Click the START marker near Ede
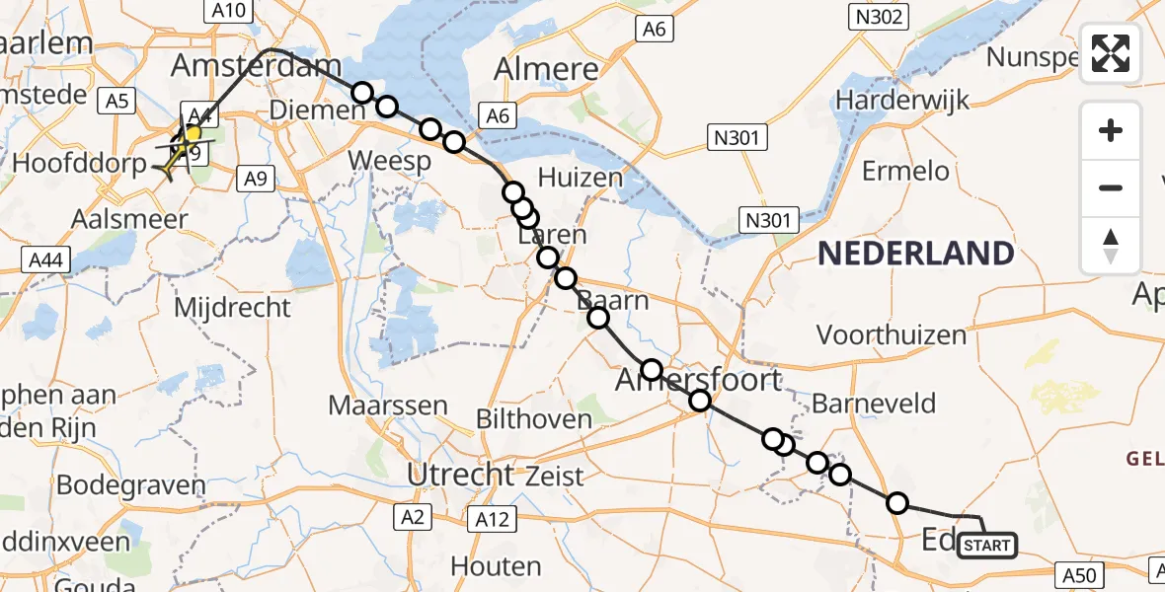(x=985, y=546)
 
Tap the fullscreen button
(x=1111, y=53)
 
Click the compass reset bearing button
(x=1111, y=246)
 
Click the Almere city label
(x=546, y=69)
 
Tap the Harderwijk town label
(x=902, y=100)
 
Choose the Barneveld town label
(x=874, y=403)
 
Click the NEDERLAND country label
(x=915, y=254)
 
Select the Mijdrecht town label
(x=232, y=308)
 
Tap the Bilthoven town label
(x=534, y=418)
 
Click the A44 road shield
(x=43, y=259)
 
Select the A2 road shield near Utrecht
(x=413, y=517)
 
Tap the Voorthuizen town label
(x=892, y=335)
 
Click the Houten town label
(x=496, y=566)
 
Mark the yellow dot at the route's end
(x=194, y=133)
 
